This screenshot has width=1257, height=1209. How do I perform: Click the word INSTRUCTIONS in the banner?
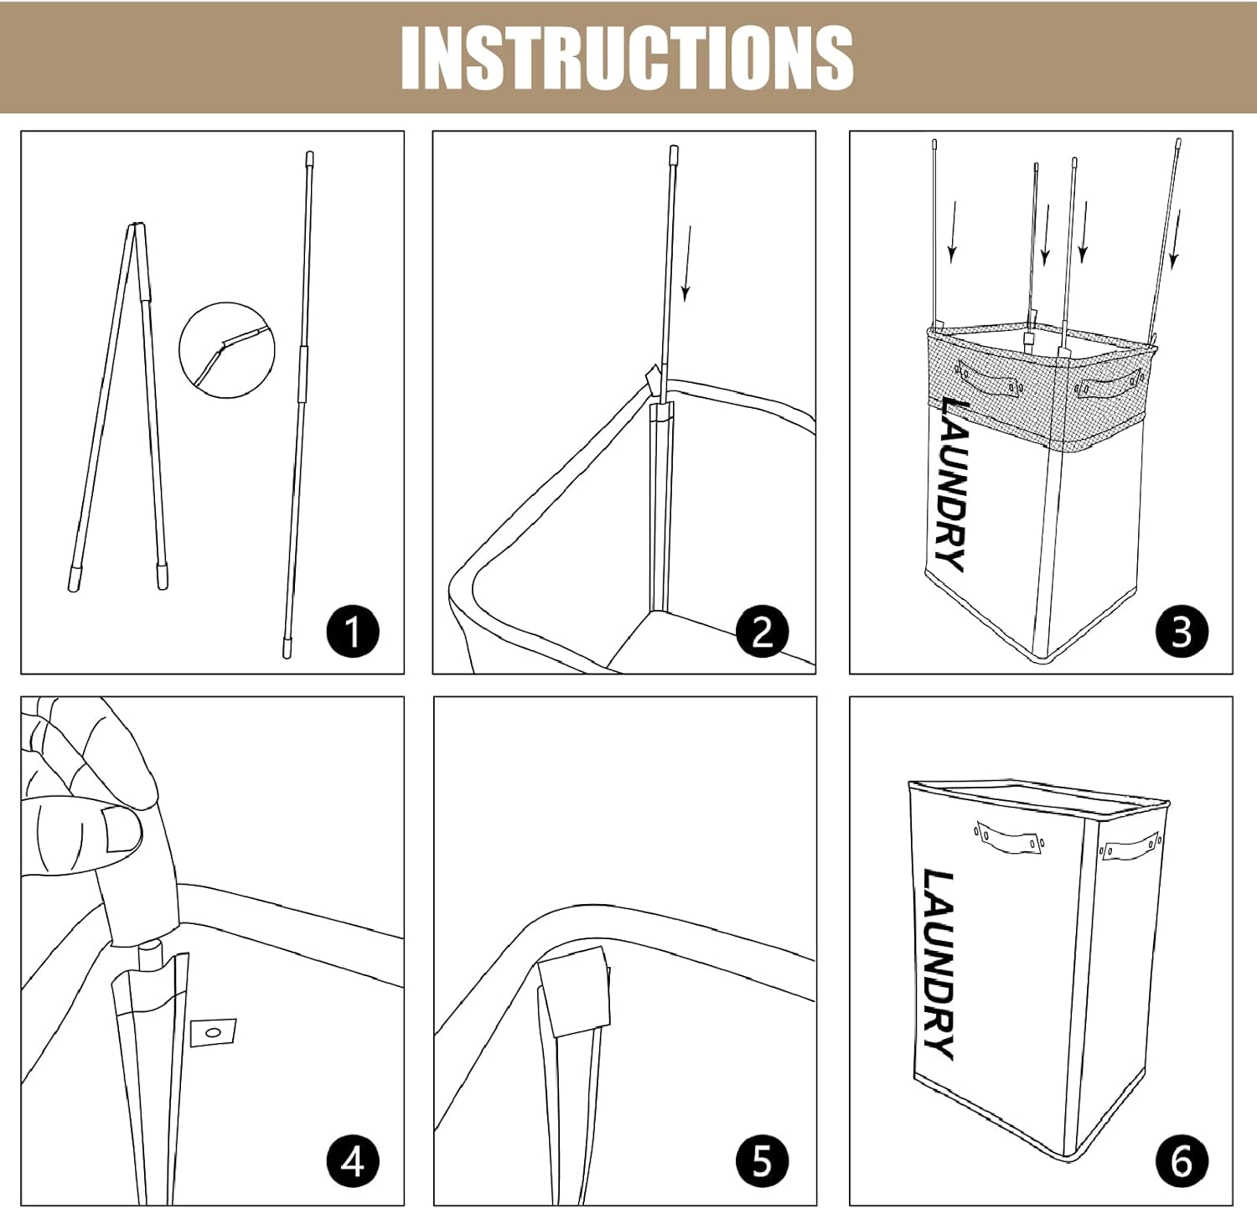(627, 57)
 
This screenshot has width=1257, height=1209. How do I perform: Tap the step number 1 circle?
(353, 631)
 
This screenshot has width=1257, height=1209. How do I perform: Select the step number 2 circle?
(763, 631)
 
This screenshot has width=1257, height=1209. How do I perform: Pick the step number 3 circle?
(1182, 631)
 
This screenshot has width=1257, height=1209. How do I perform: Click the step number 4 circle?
(353, 1160)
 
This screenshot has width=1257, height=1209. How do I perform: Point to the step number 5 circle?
(763, 1160)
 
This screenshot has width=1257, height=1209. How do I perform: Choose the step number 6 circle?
(1182, 1160)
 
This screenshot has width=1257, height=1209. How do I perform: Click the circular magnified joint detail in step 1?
(227, 350)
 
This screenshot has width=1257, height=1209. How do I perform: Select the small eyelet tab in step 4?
(213, 1032)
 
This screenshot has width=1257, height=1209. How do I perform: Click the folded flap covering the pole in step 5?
(574, 991)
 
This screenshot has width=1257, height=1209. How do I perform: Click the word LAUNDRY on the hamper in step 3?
(952, 484)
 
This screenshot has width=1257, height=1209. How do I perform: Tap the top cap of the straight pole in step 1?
(309, 157)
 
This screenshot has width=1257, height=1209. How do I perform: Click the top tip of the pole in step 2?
(674, 152)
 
